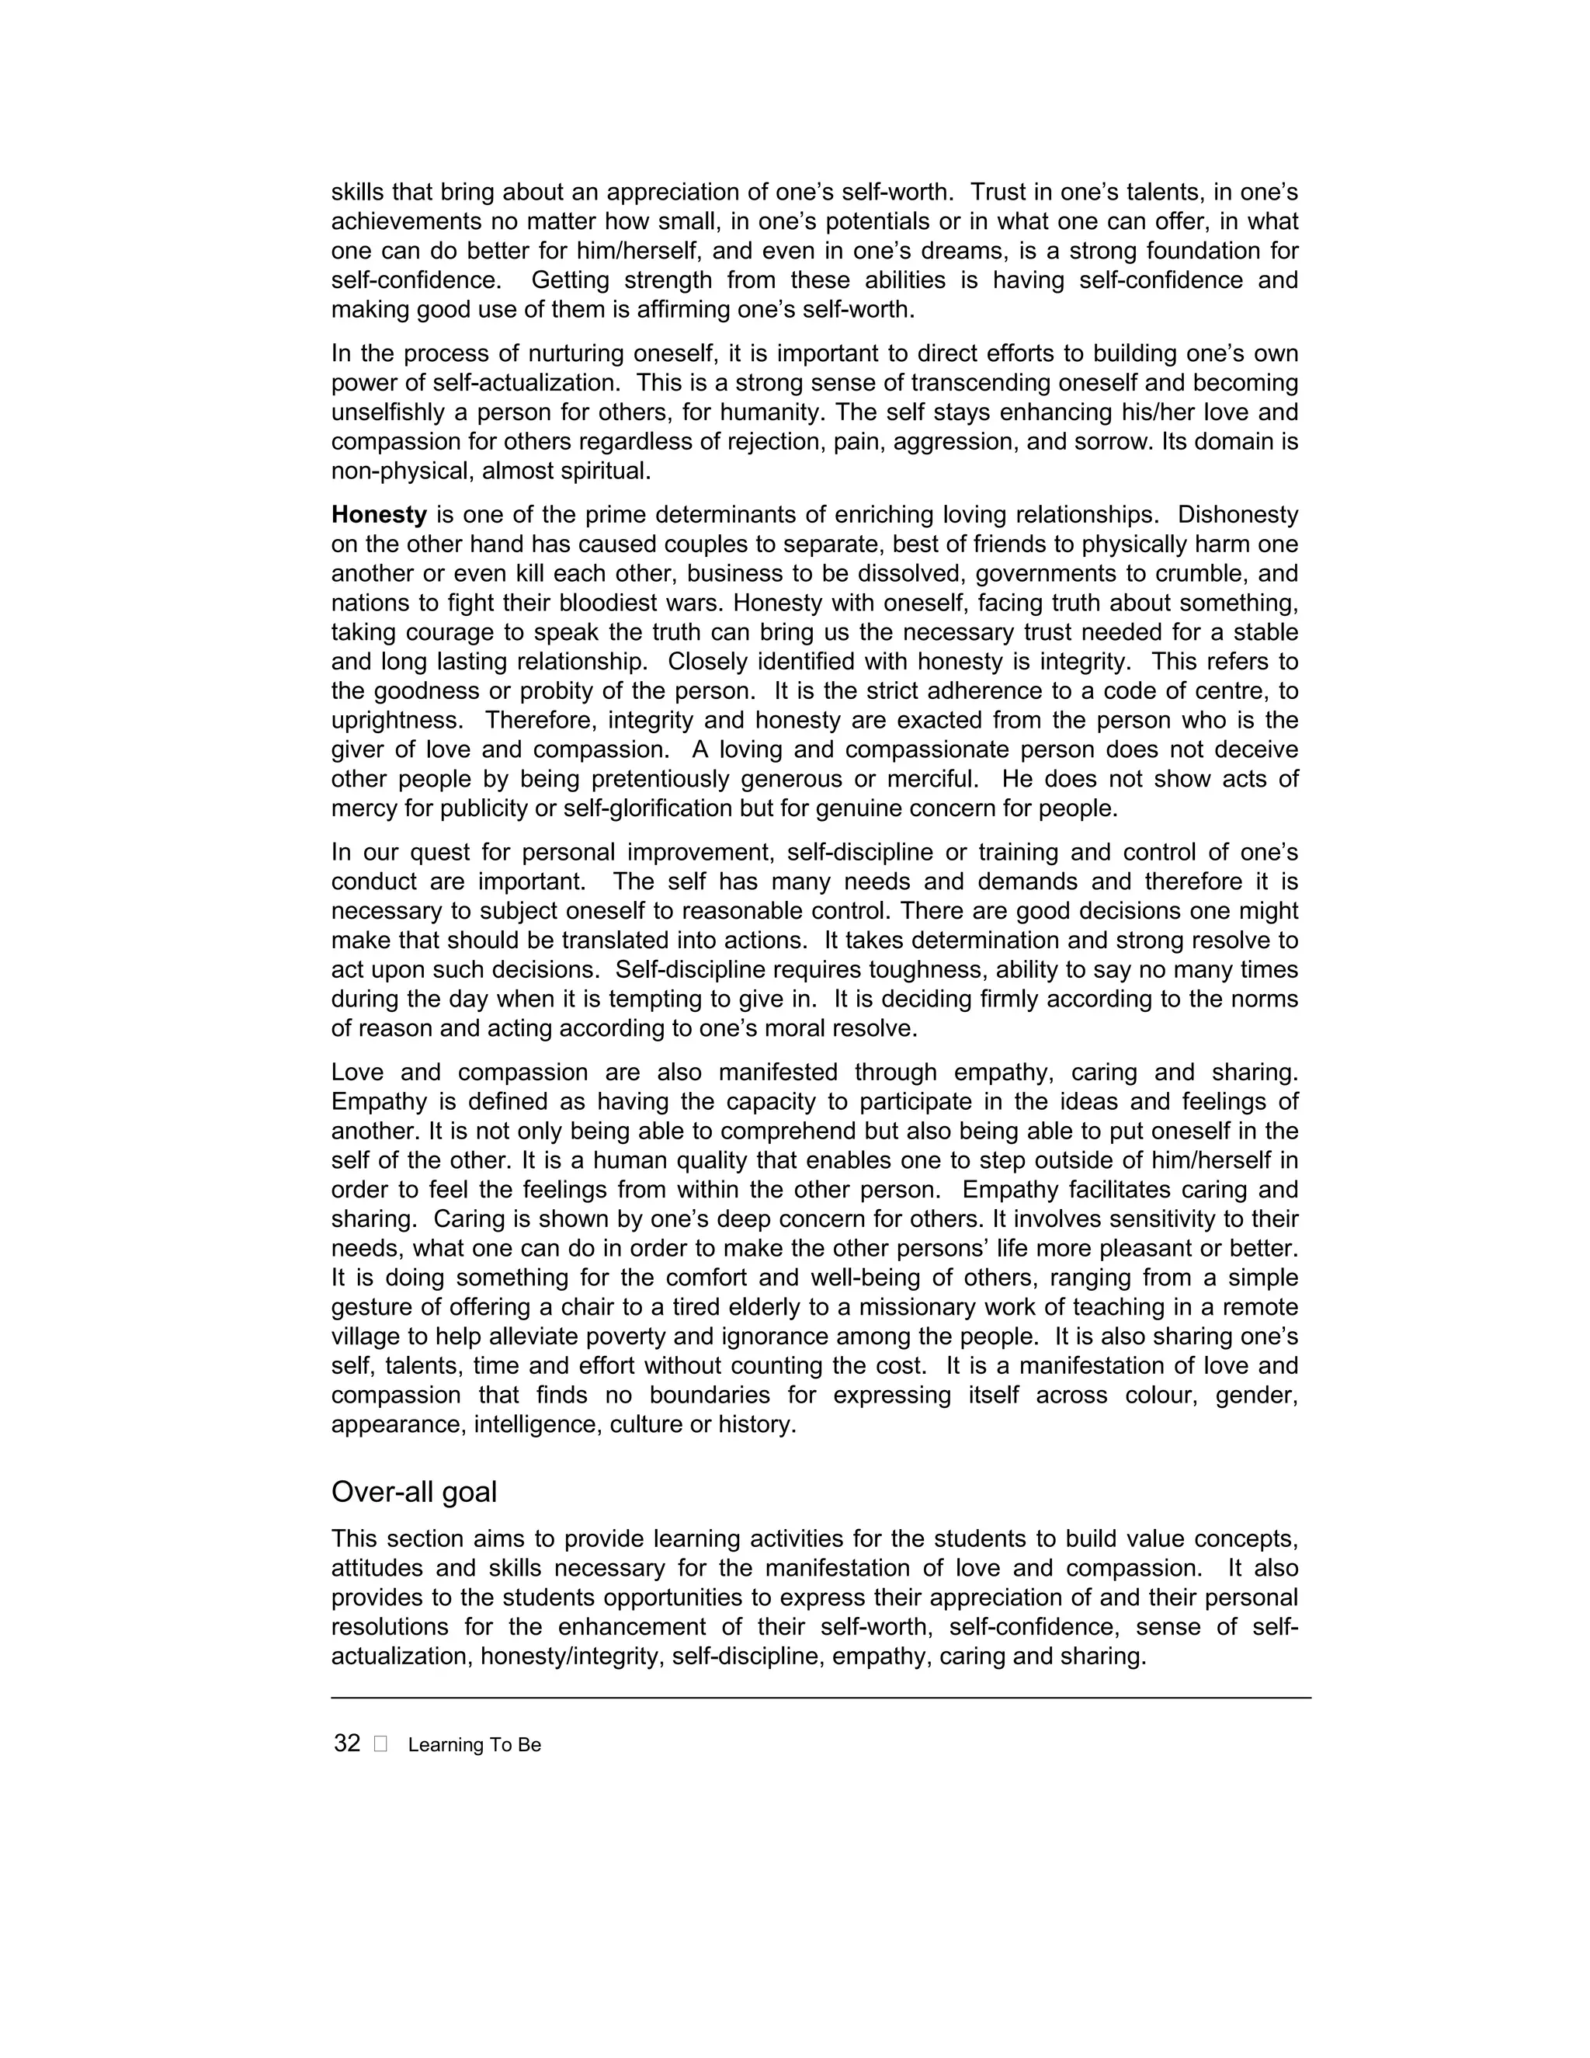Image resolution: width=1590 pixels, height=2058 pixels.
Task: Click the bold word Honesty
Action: point(379,516)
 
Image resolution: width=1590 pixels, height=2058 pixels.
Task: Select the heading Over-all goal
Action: point(414,1492)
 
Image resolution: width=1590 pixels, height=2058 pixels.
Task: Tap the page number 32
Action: point(346,1743)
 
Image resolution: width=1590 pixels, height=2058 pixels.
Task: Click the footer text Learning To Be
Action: point(474,1745)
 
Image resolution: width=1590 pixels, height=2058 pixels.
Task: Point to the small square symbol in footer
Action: point(380,1744)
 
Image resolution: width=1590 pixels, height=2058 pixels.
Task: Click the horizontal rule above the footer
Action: point(821,1697)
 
